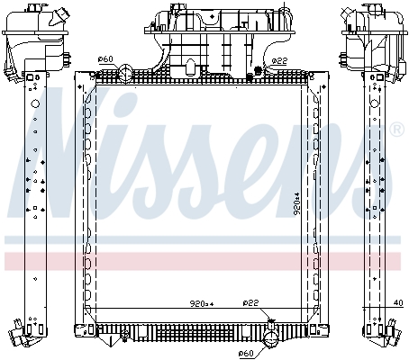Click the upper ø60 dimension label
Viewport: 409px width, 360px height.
click(x=105, y=59)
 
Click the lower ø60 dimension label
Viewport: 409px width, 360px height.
click(x=246, y=354)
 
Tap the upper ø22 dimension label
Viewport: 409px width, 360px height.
click(x=279, y=61)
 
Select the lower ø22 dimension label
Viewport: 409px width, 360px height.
click(x=250, y=303)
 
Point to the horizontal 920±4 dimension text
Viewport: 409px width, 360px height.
click(x=202, y=304)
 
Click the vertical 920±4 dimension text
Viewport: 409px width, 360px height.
click(x=296, y=203)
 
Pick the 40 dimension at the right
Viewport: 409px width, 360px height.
click(x=398, y=303)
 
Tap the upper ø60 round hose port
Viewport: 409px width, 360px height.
click(x=125, y=73)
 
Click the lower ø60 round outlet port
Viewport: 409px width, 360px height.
click(x=271, y=340)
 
